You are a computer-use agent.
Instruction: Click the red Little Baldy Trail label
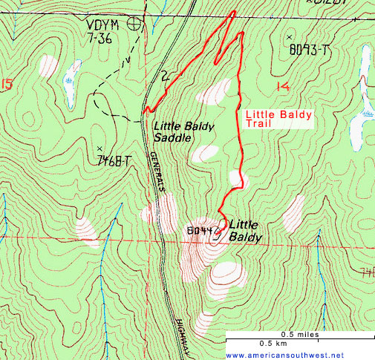click(278, 119)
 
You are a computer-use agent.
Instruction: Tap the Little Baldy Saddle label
click(183, 131)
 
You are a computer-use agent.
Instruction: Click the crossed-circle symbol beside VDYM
click(134, 23)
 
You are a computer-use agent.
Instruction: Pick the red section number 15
click(7, 85)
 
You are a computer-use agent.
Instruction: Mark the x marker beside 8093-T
click(289, 37)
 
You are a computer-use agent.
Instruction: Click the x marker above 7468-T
click(99, 147)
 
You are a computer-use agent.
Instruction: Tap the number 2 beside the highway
click(165, 76)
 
